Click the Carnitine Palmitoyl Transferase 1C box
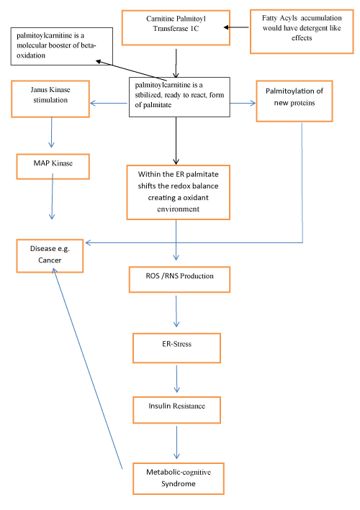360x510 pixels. point(176,27)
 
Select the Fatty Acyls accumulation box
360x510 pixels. point(302,32)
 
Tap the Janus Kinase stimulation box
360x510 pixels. point(50,99)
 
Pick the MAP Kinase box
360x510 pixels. point(53,167)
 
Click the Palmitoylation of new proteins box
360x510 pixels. point(294,101)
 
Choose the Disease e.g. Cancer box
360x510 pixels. point(50,256)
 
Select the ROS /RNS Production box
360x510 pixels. point(179,280)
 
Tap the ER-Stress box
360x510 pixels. point(176,348)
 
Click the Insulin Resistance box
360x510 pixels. point(176,410)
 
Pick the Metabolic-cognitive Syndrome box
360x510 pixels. point(179,478)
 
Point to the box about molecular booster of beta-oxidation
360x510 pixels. point(62,46)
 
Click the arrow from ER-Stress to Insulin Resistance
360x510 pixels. point(176,378)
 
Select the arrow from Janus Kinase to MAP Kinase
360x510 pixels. point(51,132)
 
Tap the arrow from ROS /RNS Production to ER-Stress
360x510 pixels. point(176,311)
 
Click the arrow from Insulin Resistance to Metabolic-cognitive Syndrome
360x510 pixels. point(176,442)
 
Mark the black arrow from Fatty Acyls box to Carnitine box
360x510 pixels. point(236,27)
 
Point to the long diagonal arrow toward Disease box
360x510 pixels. point(88,368)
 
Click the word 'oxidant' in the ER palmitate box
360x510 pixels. point(196,198)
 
